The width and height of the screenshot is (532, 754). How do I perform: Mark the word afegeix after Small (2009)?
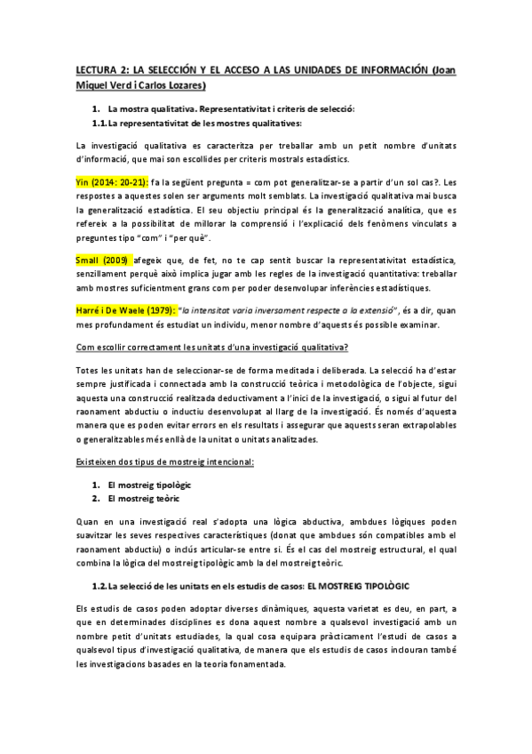(154, 260)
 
